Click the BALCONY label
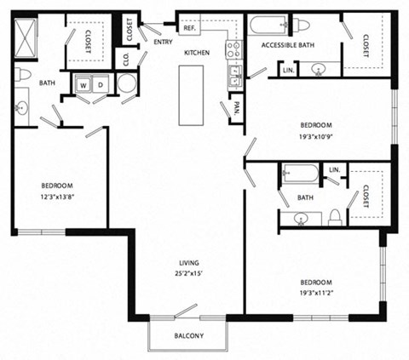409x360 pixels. pos(189,335)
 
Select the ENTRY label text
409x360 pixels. pos(163,40)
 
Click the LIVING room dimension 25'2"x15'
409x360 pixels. pos(189,273)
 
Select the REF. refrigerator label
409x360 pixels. pos(189,28)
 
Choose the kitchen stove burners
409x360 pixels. pos(230,49)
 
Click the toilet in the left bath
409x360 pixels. pos(23,75)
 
